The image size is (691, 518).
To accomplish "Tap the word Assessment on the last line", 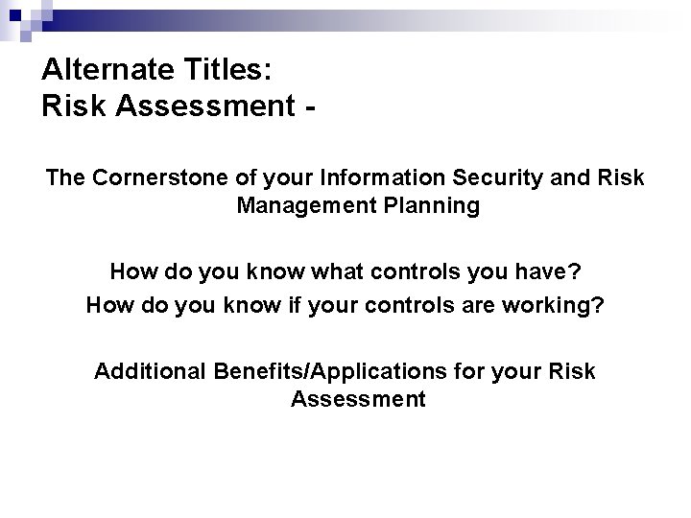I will (x=357, y=398).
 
